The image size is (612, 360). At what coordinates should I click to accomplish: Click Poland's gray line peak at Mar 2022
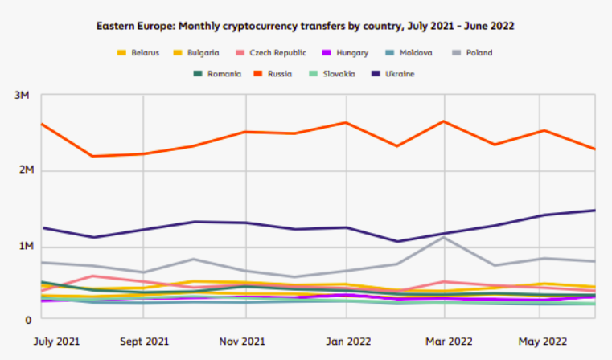point(443,237)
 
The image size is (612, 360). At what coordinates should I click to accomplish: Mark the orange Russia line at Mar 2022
point(443,121)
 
